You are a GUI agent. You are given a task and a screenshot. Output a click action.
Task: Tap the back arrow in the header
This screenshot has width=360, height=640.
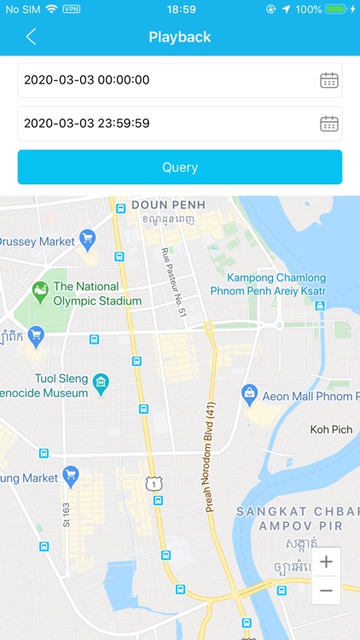point(32,37)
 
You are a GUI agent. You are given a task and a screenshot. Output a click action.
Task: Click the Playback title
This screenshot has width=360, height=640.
point(180,37)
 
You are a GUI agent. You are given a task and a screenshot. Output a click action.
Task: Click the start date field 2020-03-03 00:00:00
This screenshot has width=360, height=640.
point(162,80)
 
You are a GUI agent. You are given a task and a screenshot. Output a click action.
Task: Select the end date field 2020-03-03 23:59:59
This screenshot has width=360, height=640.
point(162,124)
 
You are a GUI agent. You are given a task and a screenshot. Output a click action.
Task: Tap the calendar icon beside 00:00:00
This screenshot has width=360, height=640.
point(329,80)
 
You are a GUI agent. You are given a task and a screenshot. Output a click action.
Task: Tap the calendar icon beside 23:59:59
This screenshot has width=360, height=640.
point(329,124)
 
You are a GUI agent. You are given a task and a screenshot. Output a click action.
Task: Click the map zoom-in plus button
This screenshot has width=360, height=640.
point(326,562)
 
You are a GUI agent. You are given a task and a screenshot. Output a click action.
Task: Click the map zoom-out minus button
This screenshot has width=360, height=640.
point(326,591)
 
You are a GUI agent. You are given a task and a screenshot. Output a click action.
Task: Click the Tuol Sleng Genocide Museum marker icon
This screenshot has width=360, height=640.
point(102,381)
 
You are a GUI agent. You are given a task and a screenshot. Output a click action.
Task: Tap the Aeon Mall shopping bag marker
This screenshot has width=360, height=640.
point(249,393)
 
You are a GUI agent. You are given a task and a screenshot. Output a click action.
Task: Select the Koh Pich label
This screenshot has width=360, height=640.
point(331,430)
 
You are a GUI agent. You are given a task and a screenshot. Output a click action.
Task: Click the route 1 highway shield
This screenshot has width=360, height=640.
point(153,484)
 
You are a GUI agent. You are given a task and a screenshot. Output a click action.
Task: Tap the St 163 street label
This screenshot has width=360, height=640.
point(66,519)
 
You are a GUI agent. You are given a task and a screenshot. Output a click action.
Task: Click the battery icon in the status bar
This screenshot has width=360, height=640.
point(338,9)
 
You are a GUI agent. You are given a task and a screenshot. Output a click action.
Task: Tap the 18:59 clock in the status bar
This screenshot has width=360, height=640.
point(181,9)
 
